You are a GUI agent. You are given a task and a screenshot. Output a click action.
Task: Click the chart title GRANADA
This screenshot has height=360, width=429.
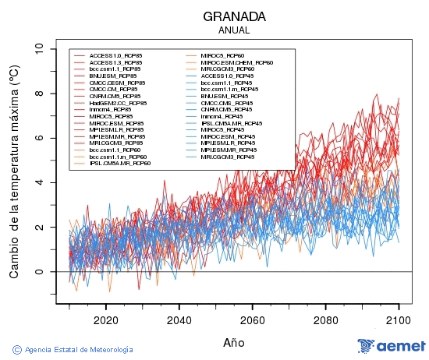pyautogui.click(x=234, y=16)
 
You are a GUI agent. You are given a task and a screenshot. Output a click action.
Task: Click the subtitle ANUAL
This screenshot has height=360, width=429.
pyautogui.click(x=234, y=30)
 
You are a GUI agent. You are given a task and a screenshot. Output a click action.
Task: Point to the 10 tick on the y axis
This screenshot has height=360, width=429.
pyautogui.click(x=39, y=48)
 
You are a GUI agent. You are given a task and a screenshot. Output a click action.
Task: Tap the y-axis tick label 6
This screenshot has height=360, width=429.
pyautogui.click(x=39, y=138)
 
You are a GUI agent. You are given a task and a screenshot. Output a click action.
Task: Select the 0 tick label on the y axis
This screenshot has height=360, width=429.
pyautogui.click(x=39, y=272)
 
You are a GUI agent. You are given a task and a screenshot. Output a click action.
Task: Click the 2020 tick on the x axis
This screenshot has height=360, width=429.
pyautogui.click(x=105, y=319)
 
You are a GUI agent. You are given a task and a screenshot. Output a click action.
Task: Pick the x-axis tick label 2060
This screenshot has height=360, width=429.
pyautogui.click(x=252, y=319)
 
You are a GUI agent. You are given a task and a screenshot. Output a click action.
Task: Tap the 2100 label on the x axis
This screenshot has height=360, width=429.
pyautogui.click(x=399, y=319)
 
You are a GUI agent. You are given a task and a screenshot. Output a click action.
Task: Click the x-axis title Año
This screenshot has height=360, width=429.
pyautogui.click(x=234, y=341)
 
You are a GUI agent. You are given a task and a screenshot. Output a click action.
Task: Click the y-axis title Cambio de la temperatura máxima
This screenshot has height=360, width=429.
pyautogui.click(x=14, y=171)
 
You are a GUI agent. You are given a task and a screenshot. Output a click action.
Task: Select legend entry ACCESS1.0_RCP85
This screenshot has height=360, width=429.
pyautogui.click(x=116, y=56)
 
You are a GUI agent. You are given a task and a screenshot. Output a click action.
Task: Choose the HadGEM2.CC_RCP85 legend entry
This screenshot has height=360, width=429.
pyautogui.click(x=118, y=103)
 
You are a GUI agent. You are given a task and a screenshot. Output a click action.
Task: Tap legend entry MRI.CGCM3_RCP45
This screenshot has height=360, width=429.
pyautogui.click(x=227, y=157)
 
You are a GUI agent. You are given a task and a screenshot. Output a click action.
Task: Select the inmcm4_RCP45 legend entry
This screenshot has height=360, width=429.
pyautogui.click(x=222, y=116)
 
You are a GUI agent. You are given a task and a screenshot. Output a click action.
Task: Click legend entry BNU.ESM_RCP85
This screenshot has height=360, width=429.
pyautogui.click(x=113, y=76)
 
